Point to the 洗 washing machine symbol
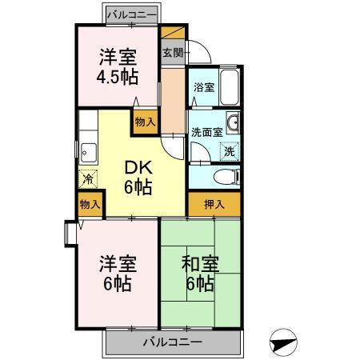(230, 150)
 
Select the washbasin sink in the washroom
(233, 123)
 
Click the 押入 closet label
(214, 205)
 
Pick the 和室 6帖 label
(198, 272)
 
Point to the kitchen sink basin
(87, 150)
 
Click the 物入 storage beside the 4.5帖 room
(145, 122)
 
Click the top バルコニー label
(132, 14)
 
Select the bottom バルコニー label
(172, 342)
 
